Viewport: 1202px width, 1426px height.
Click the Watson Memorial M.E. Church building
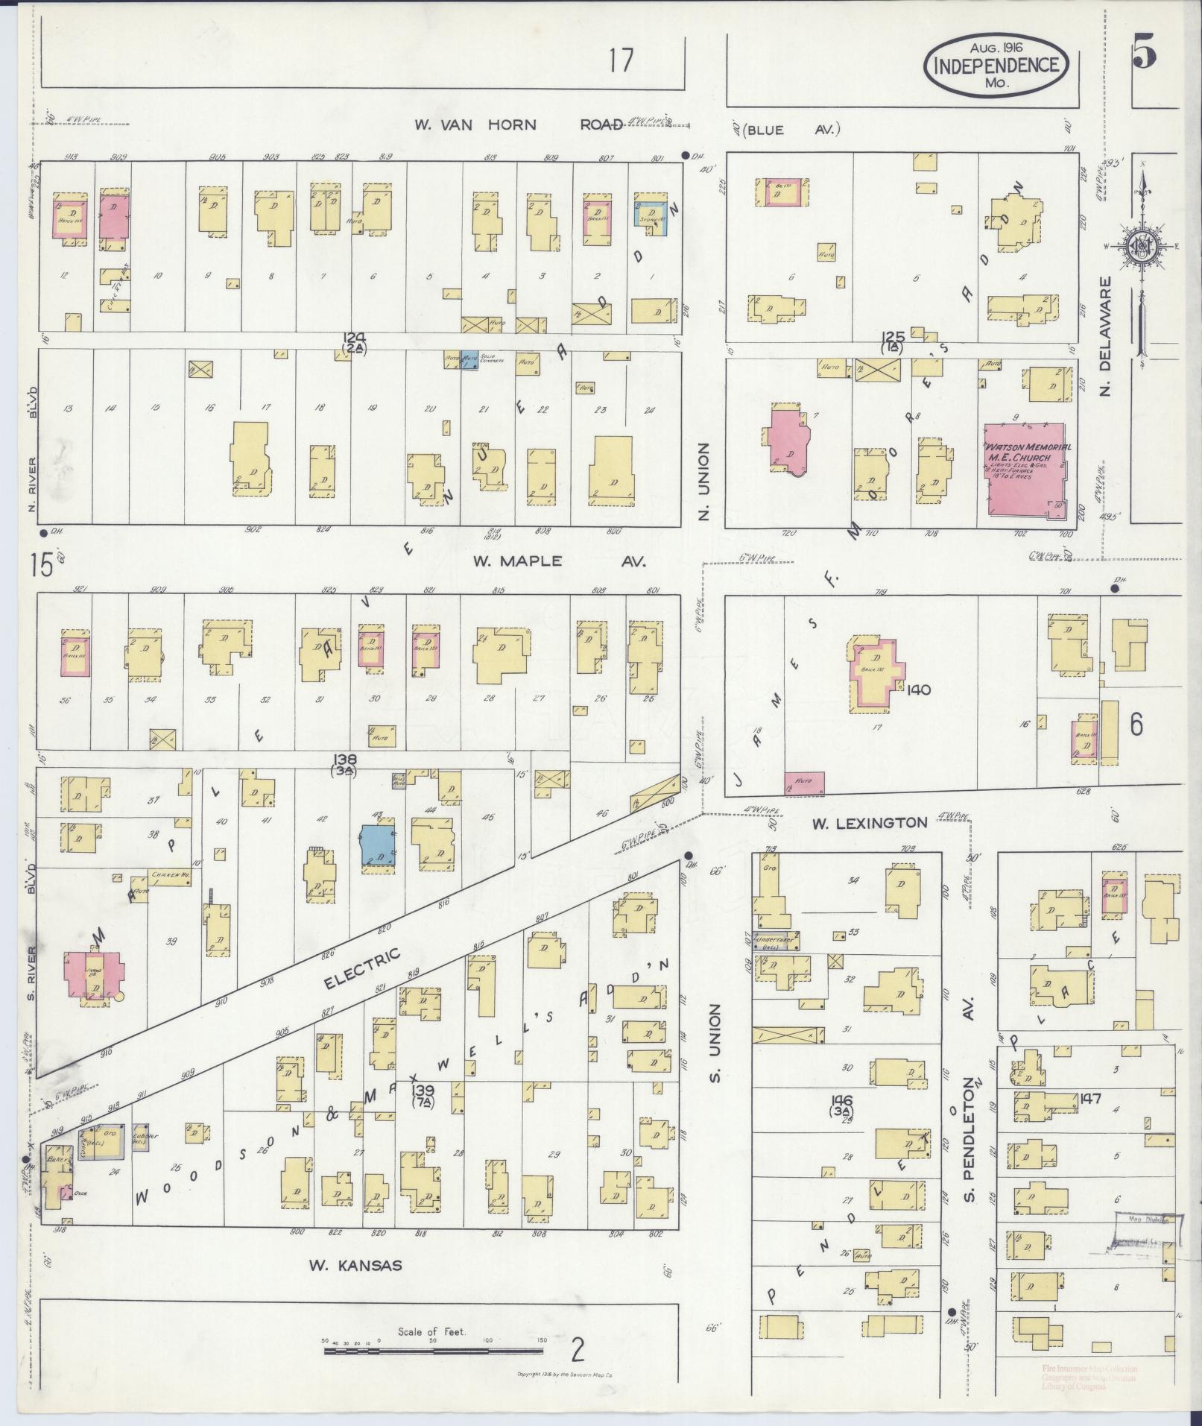pyautogui.click(x=1025, y=470)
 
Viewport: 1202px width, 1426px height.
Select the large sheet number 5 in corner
pyautogui.click(x=1145, y=53)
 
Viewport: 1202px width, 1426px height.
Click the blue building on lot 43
pyautogui.click(x=378, y=844)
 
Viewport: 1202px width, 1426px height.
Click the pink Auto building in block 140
pyautogui.click(x=805, y=783)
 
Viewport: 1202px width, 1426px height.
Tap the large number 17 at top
pyautogui.click(x=619, y=61)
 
